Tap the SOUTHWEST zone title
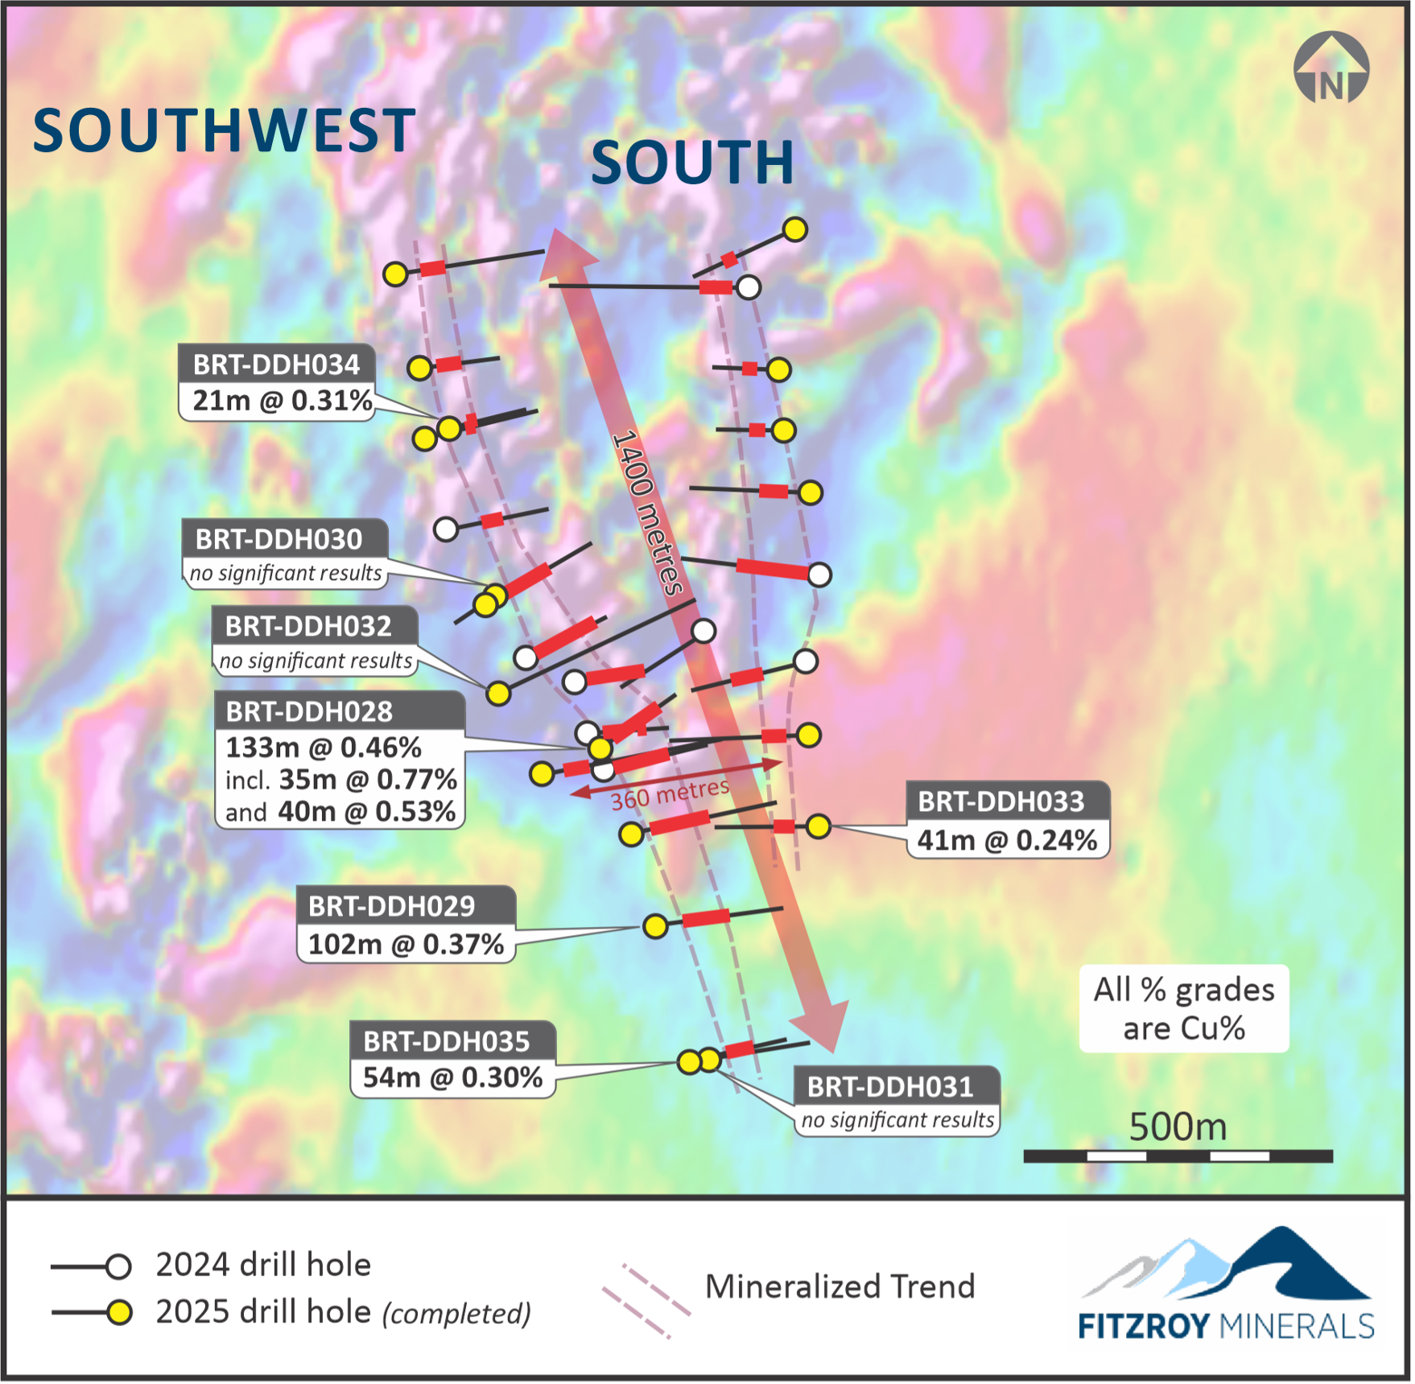click(x=224, y=130)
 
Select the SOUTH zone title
click(x=692, y=162)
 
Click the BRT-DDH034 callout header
click(x=276, y=365)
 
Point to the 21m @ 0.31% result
click(x=282, y=400)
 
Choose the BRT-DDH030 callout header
click(x=278, y=539)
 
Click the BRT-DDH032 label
click(x=308, y=626)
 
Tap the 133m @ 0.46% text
click(x=324, y=748)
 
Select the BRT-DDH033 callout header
click(x=1001, y=801)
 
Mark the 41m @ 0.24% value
click(x=1007, y=840)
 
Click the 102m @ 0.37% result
click(x=406, y=944)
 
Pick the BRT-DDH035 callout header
click(x=447, y=1041)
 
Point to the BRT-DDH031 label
click(x=890, y=1087)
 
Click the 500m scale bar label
click(x=1178, y=1127)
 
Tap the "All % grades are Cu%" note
click(x=1183, y=1008)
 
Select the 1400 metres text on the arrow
click(x=647, y=513)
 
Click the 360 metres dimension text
click(x=670, y=794)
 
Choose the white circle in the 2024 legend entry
click(x=118, y=1267)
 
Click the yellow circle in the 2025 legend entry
click(x=119, y=1313)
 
